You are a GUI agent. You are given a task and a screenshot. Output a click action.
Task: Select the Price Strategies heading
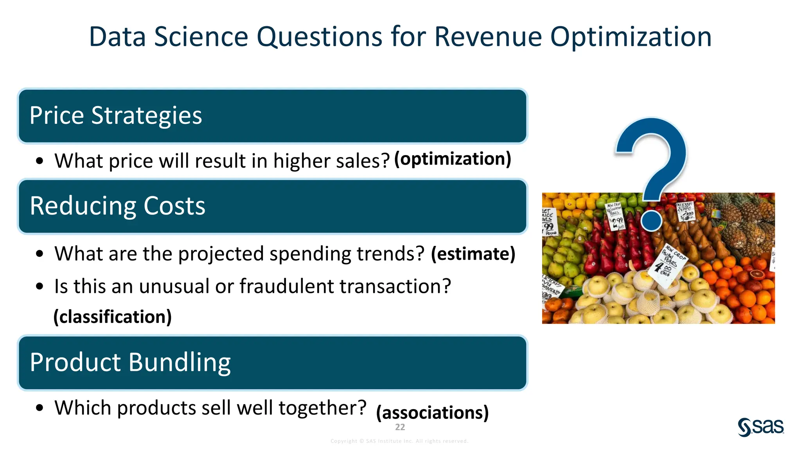[x=116, y=116]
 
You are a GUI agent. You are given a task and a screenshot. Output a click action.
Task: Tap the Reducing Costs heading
[x=117, y=206]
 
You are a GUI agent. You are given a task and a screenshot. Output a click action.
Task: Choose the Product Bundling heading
[x=130, y=362]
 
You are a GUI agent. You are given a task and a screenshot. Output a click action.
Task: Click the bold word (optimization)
[x=453, y=159]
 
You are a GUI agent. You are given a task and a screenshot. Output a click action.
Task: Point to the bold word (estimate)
[x=473, y=254]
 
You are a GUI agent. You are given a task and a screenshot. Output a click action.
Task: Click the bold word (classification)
[x=113, y=317]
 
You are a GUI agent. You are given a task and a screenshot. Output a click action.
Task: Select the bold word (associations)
[x=432, y=413]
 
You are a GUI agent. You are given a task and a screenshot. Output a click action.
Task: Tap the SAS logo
[x=761, y=427]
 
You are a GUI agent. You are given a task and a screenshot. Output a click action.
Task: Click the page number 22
[x=400, y=427]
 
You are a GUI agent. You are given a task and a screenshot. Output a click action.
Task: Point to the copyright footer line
[x=399, y=441]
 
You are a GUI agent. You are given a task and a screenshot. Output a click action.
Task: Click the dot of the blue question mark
[x=652, y=220]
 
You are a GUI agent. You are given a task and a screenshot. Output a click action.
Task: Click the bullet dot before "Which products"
[x=39, y=408]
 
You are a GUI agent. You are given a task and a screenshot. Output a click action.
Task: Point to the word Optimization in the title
[x=631, y=37]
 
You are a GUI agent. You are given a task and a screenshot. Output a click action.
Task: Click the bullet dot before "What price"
[x=39, y=161]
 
